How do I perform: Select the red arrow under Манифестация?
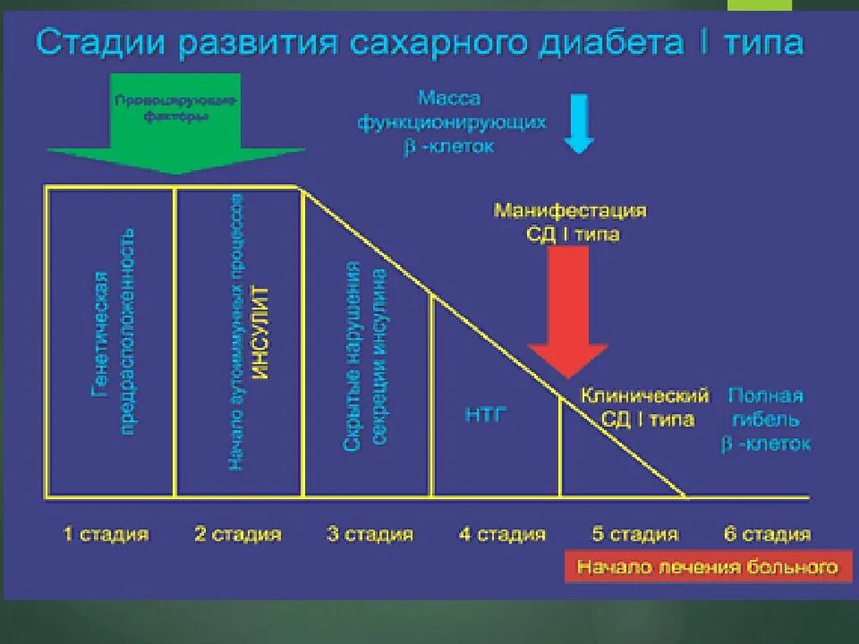click(x=567, y=309)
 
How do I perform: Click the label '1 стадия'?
click(x=106, y=535)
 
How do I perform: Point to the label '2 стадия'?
click(x=238, y=535)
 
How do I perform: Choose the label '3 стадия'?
click(x=370, y=535)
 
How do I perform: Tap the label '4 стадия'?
click(x=502, y=535)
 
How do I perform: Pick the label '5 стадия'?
click(x=634, y=535)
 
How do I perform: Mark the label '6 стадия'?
click(x=767, y=535)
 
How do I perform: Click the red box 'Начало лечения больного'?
click(x=707, y=567)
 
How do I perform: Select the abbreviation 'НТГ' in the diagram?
click(x=485, y=415)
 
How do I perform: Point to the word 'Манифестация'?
click(x=570, y=212)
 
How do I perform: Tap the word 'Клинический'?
click(x=645, y=395)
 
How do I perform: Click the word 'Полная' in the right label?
click(x=765, y=395)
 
